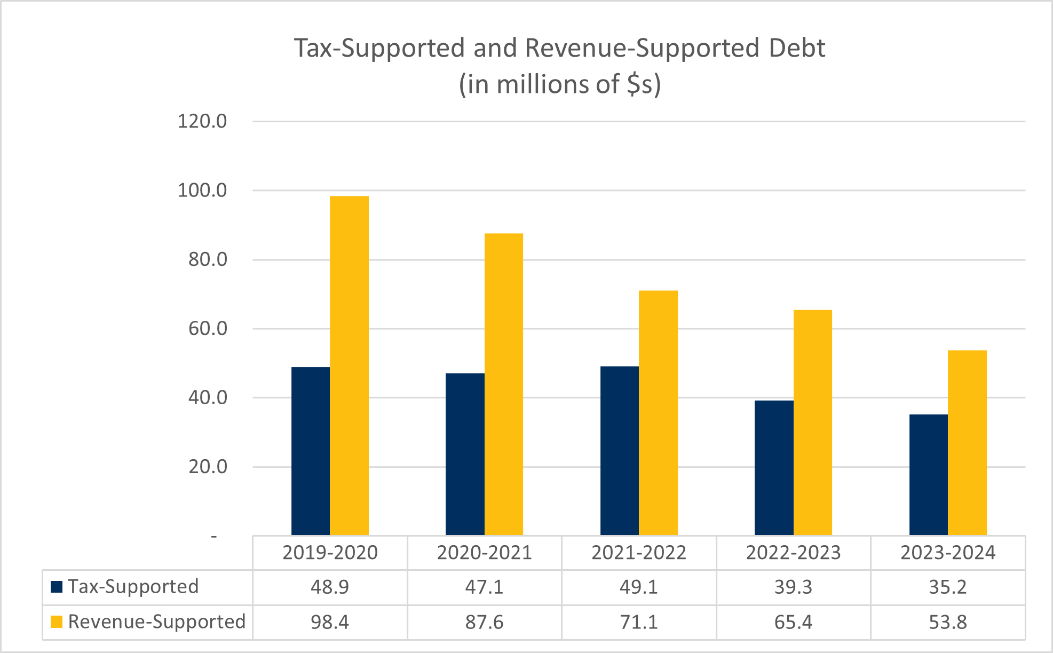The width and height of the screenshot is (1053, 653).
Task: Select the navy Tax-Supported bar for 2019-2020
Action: point(311,451)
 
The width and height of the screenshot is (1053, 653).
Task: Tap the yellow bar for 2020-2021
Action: point(504,384)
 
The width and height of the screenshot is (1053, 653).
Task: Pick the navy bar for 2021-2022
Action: point(620,451)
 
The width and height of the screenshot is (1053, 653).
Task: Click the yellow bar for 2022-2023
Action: point(812,422)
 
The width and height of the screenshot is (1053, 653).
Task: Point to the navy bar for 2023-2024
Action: point(929,475)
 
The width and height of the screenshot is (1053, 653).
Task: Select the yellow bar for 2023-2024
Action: point(967,443)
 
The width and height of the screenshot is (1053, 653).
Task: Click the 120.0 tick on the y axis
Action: point(202,122)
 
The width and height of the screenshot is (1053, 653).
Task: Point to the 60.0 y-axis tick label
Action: point(208,329)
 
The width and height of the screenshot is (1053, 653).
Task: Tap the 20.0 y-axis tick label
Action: point(208,467)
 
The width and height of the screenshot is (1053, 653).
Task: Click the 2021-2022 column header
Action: point(639,553)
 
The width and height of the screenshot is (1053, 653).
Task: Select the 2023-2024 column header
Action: point(948,553)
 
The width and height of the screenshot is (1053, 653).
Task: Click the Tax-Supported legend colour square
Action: point(57,587)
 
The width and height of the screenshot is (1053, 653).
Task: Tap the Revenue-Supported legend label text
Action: point(157,622)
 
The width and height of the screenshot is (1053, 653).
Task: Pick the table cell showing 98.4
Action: point(330,623)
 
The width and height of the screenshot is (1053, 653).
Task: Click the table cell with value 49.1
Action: point(639,587)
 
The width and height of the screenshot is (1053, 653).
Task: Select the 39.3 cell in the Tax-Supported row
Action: point(793,587)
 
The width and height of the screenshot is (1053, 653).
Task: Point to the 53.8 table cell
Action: point(948,623)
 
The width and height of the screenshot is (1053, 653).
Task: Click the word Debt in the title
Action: point(797,48)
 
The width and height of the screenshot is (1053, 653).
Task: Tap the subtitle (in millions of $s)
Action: point(560,84)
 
